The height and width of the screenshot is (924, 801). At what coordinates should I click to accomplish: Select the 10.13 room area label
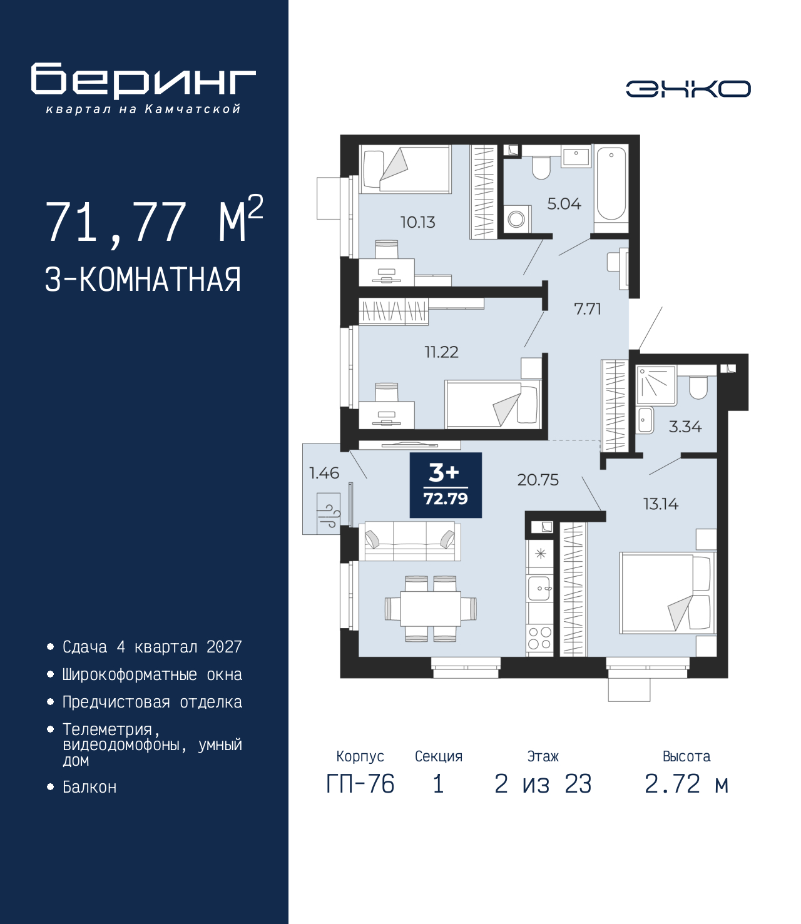click(x=418, y=222)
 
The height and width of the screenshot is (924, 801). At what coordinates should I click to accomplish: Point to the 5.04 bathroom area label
click(x=564, y=204)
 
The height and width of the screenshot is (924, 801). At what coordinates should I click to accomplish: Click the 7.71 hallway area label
click(x=588, y=309)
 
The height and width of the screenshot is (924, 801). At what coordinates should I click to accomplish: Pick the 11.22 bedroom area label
click(x=441, y=352)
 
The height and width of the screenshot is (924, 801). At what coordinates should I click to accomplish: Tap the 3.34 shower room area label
click(x=685, y=427)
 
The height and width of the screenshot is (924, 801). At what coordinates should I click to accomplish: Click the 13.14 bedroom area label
click(x=661, y=504)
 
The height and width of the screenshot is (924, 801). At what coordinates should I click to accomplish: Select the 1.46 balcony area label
click(x=324, y=473)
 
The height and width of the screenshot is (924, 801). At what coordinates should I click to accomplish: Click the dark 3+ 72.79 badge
click(x=446, y=485)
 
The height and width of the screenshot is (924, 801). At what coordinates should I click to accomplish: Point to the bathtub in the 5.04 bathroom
click(x=611, y=184)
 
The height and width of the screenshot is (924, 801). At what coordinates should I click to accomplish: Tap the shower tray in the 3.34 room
click(x=656, y=385)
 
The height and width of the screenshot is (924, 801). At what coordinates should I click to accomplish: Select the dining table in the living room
click(x=431, y=609)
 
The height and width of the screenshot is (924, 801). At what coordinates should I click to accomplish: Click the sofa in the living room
click(x=412, y=541)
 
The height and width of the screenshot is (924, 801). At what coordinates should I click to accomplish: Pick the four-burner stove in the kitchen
click(x=540, y=638)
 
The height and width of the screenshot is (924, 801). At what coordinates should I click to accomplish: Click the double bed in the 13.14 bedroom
click(x=668, y=593)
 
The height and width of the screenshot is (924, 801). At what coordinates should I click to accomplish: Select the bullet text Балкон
click(x=89, y=799)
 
